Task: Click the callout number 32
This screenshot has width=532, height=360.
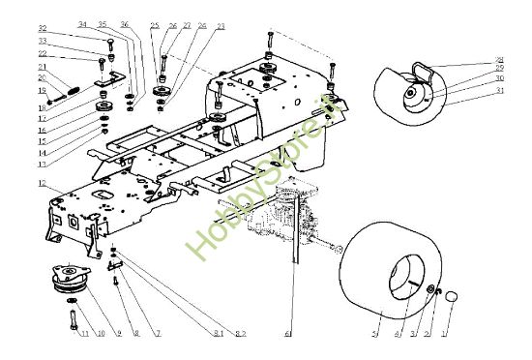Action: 43,28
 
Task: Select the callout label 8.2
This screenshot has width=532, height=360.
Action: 242,334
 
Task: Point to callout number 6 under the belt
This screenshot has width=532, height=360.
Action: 287,334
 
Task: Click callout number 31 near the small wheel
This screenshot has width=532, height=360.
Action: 500,90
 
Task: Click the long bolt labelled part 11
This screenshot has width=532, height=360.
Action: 74,324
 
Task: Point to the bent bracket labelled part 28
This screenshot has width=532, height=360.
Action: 423,69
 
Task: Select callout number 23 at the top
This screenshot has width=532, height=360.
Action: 222,25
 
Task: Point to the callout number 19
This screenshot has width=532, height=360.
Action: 43,90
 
